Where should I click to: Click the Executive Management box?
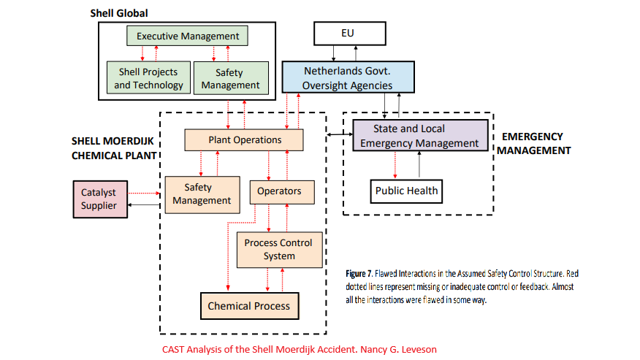[x=188, y=36]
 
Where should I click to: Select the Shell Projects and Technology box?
[x=148, y=78]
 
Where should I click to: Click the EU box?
[x=347, y=33]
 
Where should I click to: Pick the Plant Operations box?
[x=244, y=139]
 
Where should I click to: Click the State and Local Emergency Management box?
[x=419, y=136]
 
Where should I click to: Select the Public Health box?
[x=406, y=191]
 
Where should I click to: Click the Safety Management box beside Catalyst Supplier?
[x=202, y=194]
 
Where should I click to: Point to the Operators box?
[x=279, y=191]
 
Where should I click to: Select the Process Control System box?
[x=278, y=249]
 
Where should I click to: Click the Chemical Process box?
[x=248, y=306]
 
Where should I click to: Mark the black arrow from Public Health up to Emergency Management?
[x=419, y=165]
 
